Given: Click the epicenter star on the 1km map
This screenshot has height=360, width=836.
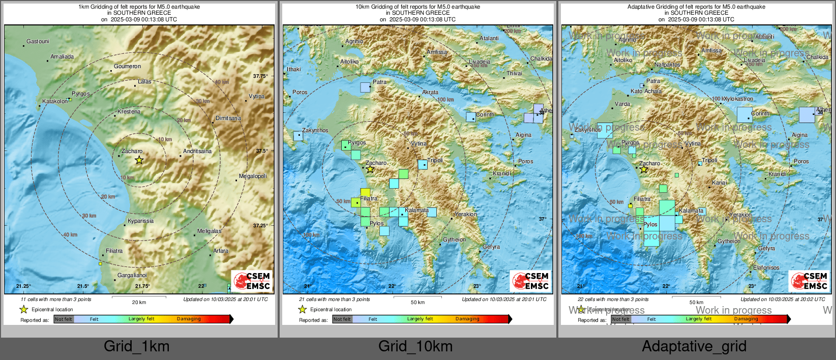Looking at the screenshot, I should [139, 160].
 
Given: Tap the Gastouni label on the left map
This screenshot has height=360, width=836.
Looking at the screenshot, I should [38, 41].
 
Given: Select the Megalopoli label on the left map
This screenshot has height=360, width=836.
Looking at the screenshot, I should [253, 176].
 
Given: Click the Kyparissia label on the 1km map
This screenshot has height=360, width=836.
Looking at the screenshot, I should [140, 221].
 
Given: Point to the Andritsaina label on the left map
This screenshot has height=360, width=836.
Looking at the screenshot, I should [197, 151].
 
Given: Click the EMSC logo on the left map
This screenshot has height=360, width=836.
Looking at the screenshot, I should [252, 281].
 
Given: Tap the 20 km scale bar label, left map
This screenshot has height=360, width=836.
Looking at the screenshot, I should [139, 302].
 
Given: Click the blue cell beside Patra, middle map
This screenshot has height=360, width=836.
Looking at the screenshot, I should [365, 87].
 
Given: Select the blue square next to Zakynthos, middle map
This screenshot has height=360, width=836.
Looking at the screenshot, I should [297, 136].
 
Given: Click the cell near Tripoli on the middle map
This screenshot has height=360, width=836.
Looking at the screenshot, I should [423, 164].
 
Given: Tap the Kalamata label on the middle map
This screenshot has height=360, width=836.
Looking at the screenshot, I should [416, 210].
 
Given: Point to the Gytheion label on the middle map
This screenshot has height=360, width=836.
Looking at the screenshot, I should [454, 239].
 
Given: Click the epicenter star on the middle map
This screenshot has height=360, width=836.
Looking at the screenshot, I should [370, 169].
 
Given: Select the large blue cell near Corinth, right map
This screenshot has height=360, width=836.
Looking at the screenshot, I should [744, 114].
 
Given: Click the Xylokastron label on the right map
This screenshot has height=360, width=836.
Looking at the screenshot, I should [738, 99].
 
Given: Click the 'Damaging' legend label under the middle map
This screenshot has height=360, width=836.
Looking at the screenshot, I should [467, 319].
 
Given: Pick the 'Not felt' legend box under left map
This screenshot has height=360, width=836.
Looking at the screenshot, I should [64, 319].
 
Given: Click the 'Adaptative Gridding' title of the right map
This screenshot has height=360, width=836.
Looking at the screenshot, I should [696, 7].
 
